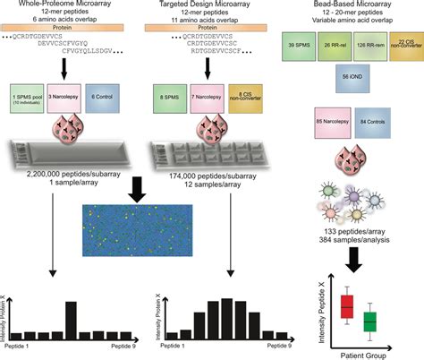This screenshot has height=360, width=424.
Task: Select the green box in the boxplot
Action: coord(368,320)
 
